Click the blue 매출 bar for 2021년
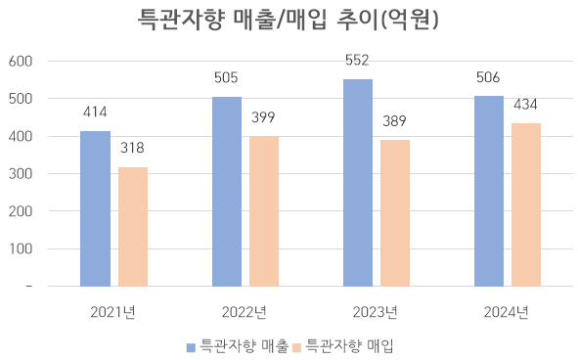point(95,208)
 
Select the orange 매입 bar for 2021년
point(133,227)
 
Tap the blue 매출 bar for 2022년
point(227,192)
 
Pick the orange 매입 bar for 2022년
point(264,211)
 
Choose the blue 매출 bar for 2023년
point(358,183)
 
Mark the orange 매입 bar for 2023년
point(395,213)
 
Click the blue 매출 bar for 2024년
point(489,192)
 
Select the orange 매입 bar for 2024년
point(526,204)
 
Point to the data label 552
point(358,61)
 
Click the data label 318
point(133,148)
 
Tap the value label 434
point(526,104)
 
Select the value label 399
point(264,117)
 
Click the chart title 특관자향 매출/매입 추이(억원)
point(289,20)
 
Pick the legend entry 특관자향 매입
point(349,345)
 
